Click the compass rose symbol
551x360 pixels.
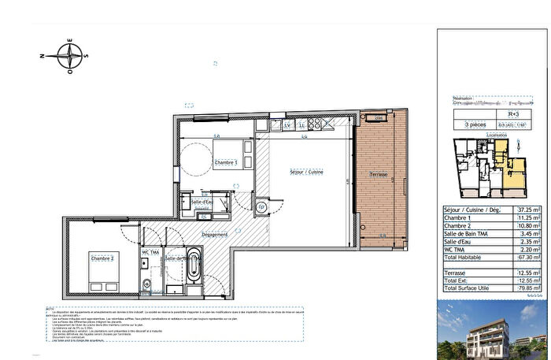[69, 55]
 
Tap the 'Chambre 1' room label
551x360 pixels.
[227, 163]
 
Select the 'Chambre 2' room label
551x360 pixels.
[102, 258]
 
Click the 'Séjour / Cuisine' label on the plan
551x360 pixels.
[308, 172]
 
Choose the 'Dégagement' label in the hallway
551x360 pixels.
[214, 234]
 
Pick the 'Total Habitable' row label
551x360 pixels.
[464, 258]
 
